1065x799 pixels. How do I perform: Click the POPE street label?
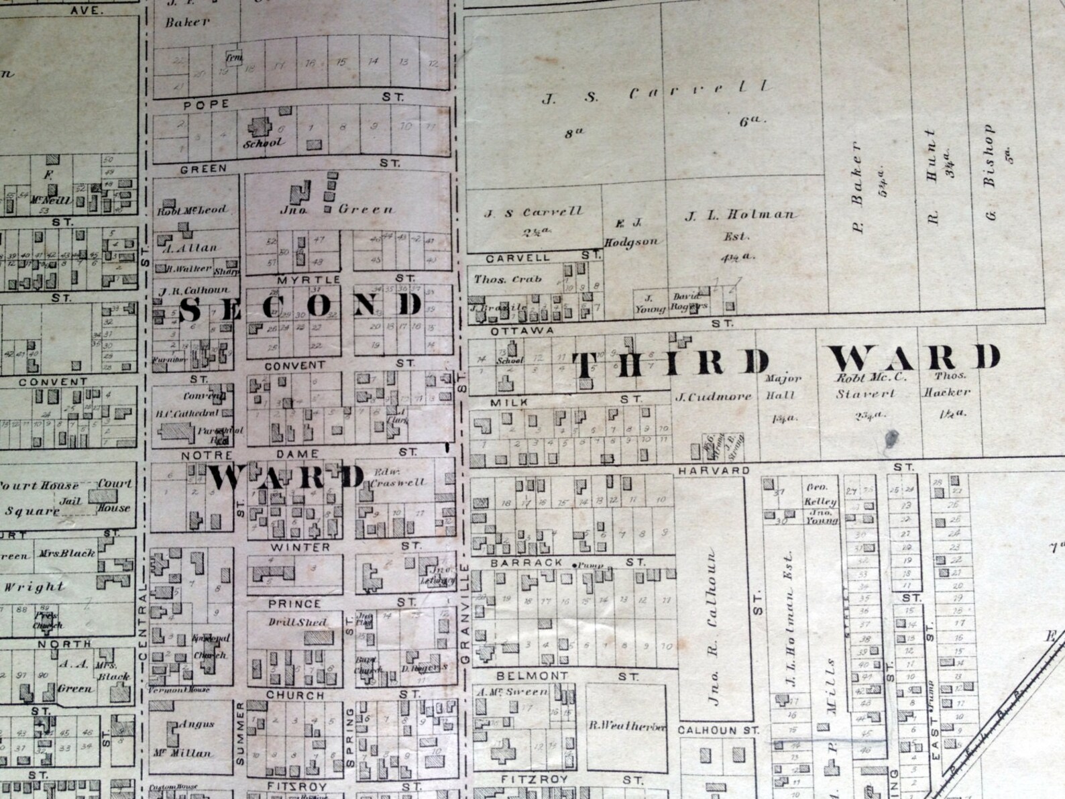pyautogui.click(x=206, y=105)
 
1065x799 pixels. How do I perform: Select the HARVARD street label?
pyautogui.click(x=714, y=471)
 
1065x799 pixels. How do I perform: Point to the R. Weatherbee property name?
pyautogui.click(x=628, y=727)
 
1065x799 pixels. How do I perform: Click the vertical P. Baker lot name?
pyautogui.click(x=856, y=188)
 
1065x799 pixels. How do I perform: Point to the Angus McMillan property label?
pyautogui.click(x=194, y=739)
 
